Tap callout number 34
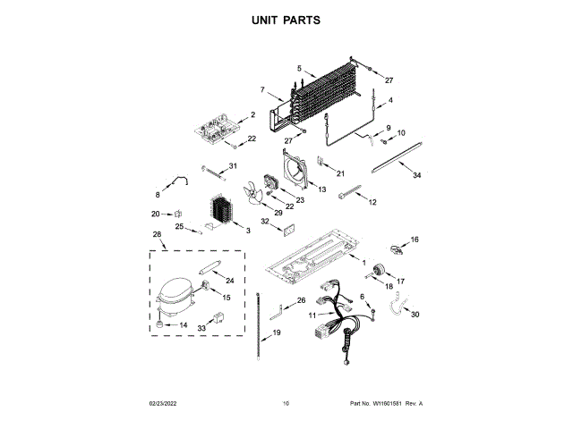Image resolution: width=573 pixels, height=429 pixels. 416,176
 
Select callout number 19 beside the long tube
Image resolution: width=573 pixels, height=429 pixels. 277,332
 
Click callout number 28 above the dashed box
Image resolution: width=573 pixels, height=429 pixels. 158,235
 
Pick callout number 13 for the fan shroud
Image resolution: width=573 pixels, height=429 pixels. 321,189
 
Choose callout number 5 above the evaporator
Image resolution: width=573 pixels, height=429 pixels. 299,68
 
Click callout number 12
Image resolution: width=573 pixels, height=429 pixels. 372,203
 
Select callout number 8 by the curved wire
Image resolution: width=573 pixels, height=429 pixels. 158,193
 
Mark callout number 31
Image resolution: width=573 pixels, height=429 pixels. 233,165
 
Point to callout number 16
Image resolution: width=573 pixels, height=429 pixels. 414,240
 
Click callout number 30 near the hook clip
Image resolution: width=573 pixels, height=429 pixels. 414,314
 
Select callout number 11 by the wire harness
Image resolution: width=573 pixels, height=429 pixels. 313,315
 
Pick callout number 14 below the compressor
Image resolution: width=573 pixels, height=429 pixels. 183,325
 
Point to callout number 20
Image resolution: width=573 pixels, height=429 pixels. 156,214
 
